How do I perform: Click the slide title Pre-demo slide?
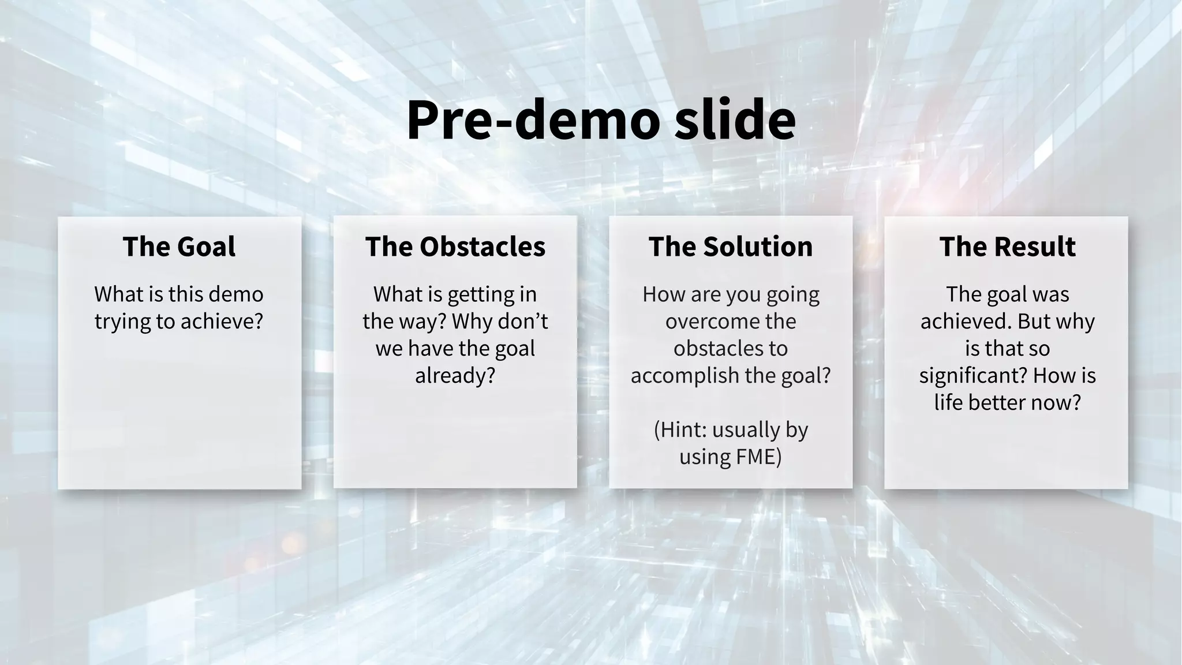(x=601, y=120)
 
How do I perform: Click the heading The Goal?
(x=179, y=246)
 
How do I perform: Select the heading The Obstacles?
(x=455, y=246)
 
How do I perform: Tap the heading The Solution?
(x=730, y=246)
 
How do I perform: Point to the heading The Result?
(x=1007, y=246)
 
